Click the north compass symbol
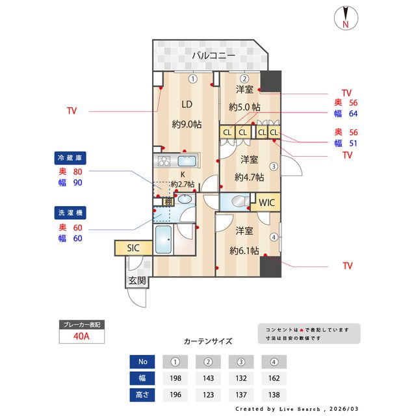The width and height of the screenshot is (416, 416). click(x=345, y=18)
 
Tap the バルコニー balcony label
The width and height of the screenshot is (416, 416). click(x=213, y=57)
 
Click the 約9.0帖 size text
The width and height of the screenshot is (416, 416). click(x=186, y=124)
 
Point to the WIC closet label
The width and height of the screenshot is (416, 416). click(x=267, y=203)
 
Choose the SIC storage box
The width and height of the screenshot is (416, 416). click(x=133, y=248)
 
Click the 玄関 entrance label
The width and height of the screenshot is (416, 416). click(x=136, y=281)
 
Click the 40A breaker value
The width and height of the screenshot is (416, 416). click(x=81, y=337)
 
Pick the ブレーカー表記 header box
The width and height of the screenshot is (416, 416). click(x=81, y=324)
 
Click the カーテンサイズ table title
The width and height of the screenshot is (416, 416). click(x=208, y=341)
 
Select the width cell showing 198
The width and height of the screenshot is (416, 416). click(x=175, y=378)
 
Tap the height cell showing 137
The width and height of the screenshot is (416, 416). click(x=242, y=395)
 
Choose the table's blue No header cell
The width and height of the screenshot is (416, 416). click(x=142, y=361)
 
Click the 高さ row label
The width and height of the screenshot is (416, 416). click(x=142, y=395)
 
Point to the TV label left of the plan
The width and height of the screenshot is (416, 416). click(x=71, y=111)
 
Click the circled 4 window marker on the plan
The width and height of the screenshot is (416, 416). click(x=274, y=237)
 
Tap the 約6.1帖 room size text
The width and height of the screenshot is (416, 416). click(x=244, y=250)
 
